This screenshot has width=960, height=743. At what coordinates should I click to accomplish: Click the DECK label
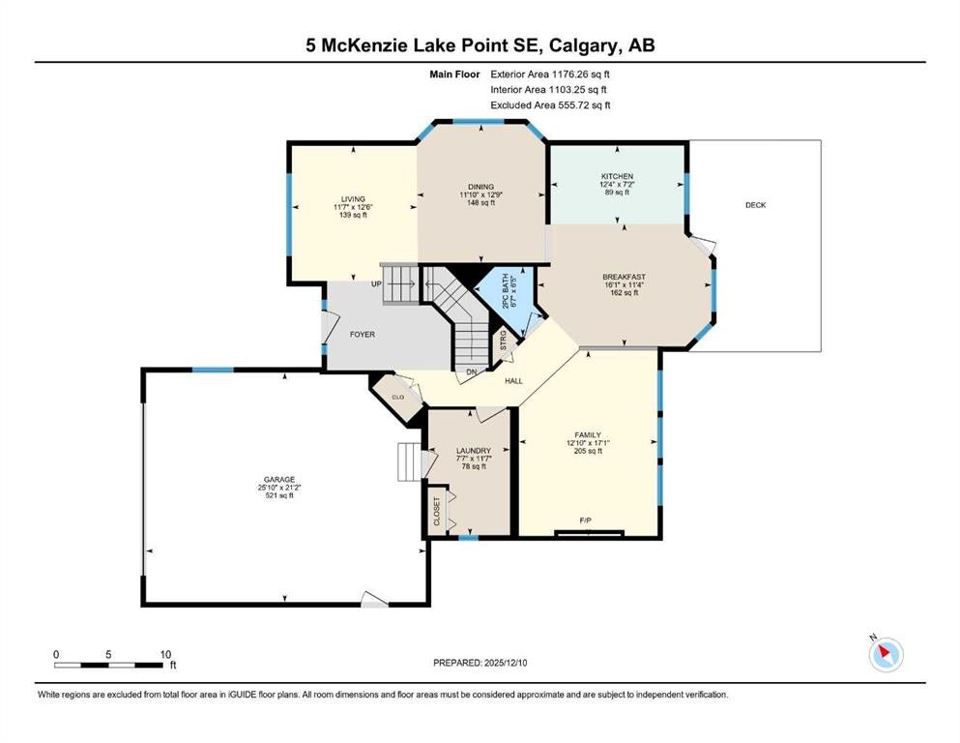(x=755, y=205)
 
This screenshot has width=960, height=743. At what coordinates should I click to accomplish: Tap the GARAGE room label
(x=279, y=480)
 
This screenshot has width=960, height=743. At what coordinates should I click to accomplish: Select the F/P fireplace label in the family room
(x=585, y=520)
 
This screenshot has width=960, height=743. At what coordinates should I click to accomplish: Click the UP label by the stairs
(x=376, y=284)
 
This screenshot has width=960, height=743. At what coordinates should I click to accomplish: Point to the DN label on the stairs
(x=472, y=371)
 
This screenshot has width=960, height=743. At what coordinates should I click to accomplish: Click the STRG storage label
(x=504, y=341)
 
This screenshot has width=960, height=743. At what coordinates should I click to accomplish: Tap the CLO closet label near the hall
(x=398, y=397)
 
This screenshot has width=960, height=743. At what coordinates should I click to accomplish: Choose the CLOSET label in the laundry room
(x=437, y=512)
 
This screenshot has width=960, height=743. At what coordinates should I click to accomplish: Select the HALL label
(x=513, y=381)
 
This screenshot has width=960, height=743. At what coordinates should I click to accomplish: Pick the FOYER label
(x=362, y=335)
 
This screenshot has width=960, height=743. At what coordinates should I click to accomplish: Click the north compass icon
(x=886, y=654)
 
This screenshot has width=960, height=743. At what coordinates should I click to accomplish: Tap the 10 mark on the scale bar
(x=165, y=655)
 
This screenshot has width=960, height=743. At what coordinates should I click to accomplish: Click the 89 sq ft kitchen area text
(x=617, y=193)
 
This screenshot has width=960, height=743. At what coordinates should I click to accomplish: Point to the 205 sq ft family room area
(x=588, y=451)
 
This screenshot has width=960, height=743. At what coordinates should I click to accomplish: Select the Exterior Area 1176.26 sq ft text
(x=550, y=74)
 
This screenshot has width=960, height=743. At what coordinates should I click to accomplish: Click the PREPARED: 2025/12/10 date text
(x=480, y=663)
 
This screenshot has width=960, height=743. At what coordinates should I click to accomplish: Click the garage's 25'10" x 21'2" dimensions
(x=279, y=488)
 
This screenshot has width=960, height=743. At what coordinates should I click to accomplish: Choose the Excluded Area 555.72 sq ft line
(x=550, y=105)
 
